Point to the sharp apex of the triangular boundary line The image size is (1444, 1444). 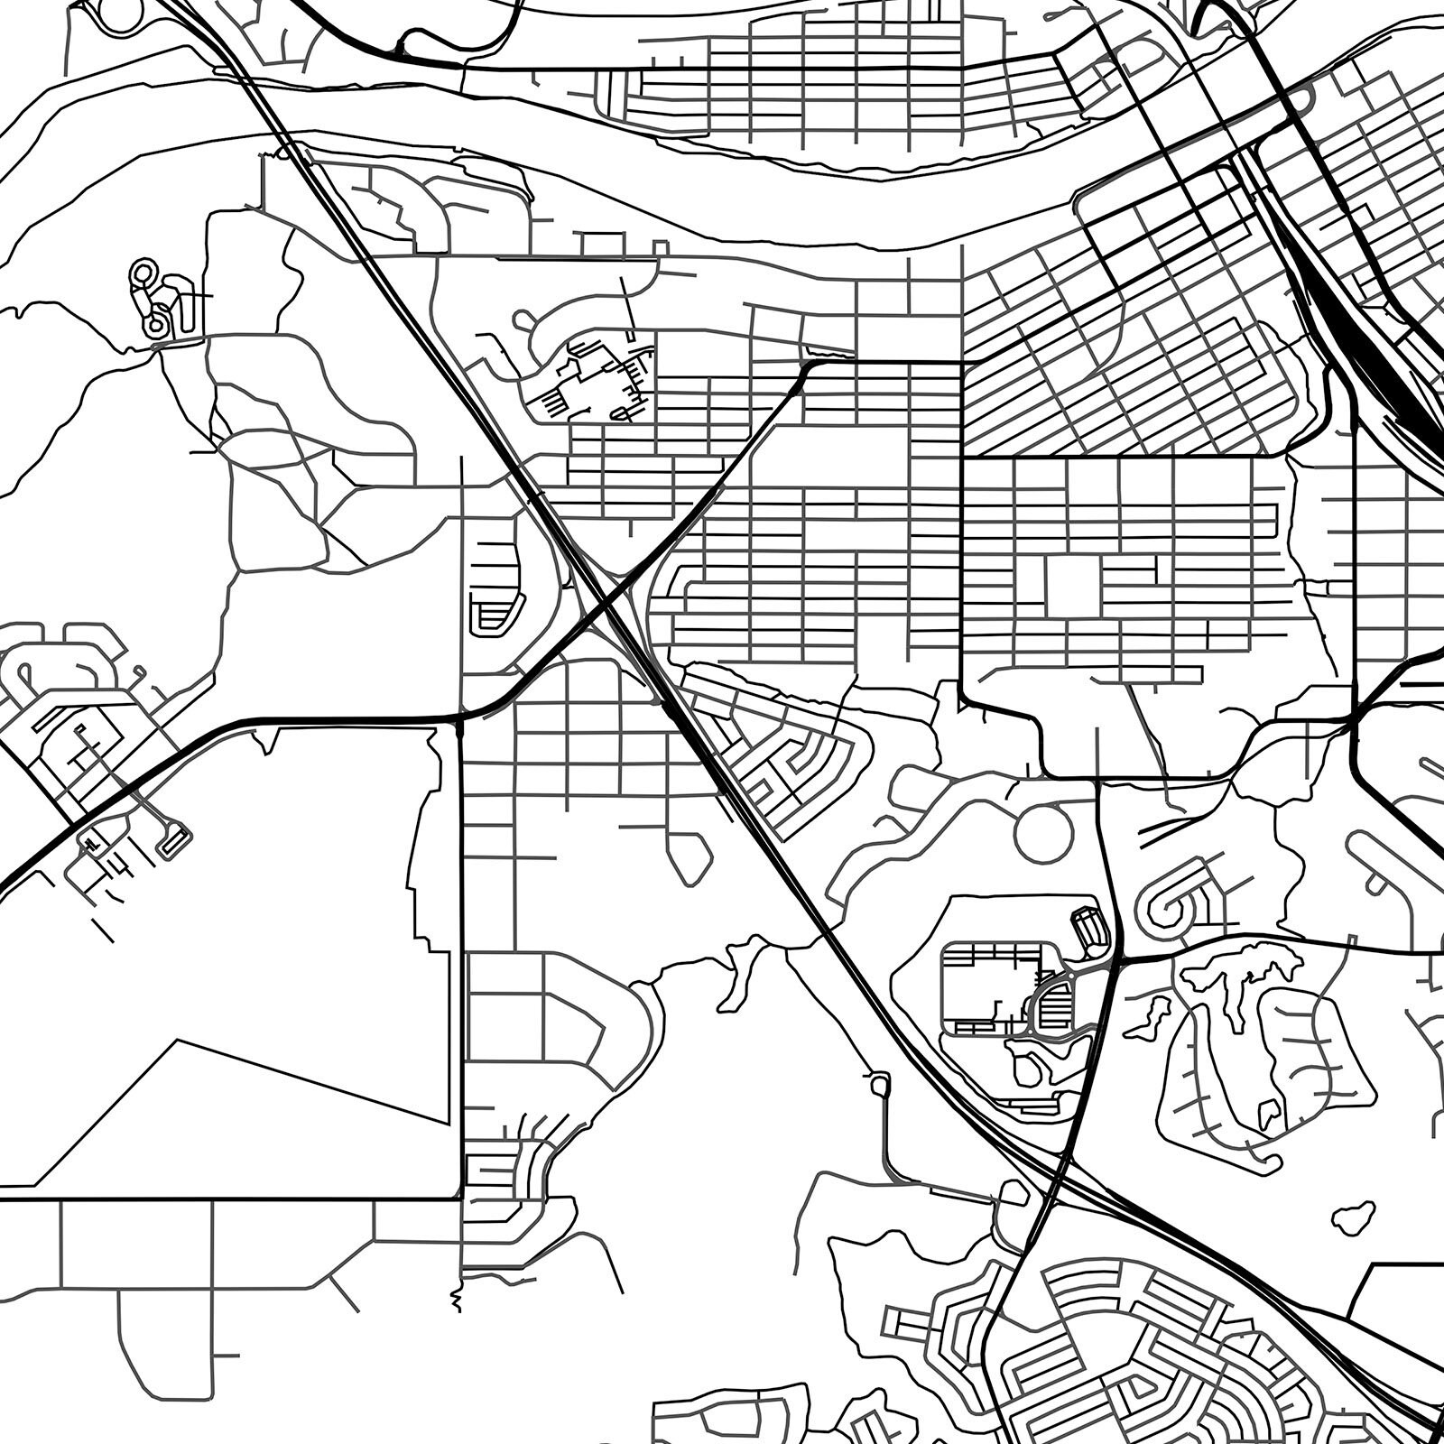(x=178, y=1041)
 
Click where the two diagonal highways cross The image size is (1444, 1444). (x=603, y=606)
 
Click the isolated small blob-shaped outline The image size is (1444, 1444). (x=1354, y=1218)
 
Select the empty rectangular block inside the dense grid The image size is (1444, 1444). (x=1071, y=586)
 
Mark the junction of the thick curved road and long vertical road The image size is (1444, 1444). (x=461, y=718)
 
